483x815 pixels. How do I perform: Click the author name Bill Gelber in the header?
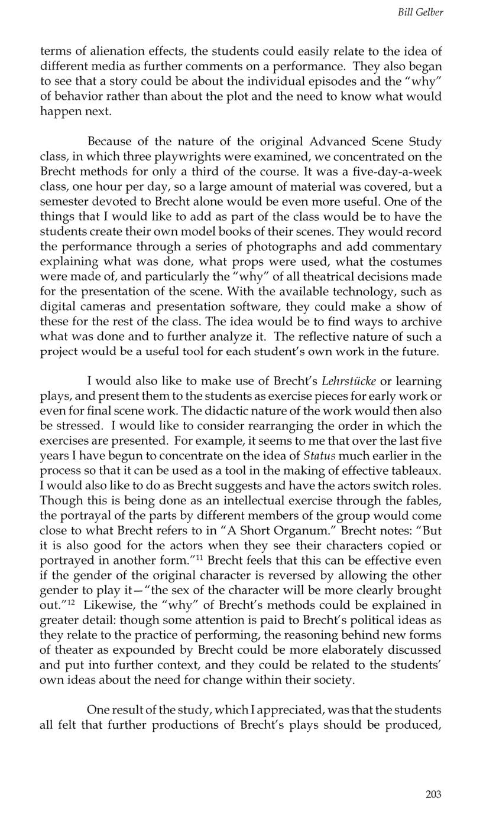point(420,12)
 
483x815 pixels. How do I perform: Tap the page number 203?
point(433,794)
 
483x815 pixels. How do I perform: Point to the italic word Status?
point(319,455)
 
